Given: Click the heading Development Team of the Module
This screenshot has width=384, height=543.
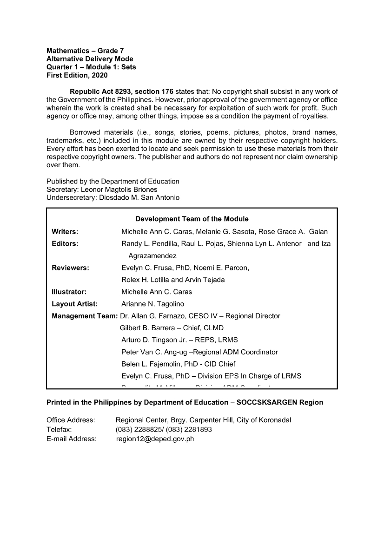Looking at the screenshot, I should coord(192,219).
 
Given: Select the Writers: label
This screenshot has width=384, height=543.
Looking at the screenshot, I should coord(65,231).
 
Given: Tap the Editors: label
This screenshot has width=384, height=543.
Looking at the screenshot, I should coord(65,243).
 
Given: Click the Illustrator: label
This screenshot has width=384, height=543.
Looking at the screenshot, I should coord(69,292).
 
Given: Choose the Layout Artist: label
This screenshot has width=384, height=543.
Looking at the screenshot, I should coord(75,304).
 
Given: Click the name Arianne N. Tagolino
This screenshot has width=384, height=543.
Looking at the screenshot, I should coord(152,304).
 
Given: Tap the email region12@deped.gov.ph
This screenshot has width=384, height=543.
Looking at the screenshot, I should coord(155,438).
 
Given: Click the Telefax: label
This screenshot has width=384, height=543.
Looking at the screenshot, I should coord(59,429).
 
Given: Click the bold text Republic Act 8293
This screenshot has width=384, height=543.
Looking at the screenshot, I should coord(98,91).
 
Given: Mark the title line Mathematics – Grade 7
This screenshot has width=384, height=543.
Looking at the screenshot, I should coord(85,51).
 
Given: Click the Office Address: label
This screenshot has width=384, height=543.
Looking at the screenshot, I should coord(71,420).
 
